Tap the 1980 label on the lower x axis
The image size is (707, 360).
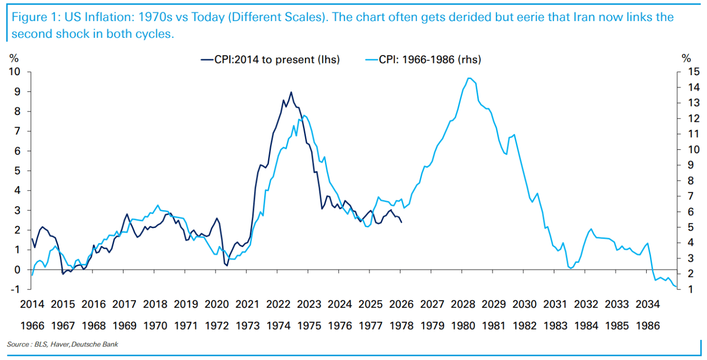coord(462,325)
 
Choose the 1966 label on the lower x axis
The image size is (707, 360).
coord(31,325)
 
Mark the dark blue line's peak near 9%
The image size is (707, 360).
coord(291,92)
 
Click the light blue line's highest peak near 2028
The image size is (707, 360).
coord(469,78)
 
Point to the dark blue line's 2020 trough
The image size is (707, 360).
coord(227,266)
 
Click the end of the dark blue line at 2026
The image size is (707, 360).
coord(402,222)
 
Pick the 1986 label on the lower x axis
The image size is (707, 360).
coord(648,325)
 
